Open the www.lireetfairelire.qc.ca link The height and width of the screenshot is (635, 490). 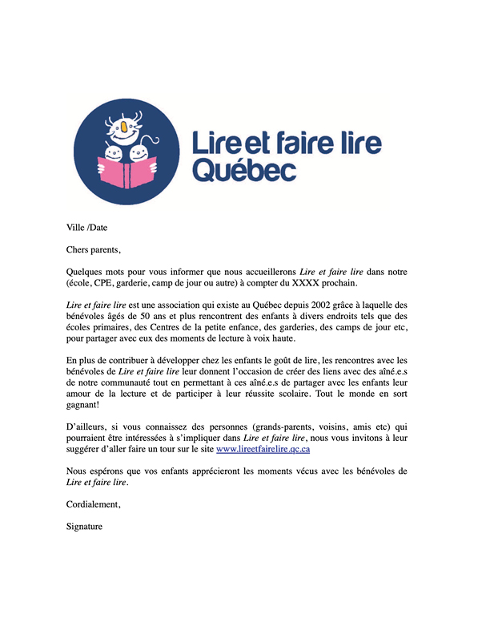[x=263, y=450]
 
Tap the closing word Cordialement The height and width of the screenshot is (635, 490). [x=93, y=505]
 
